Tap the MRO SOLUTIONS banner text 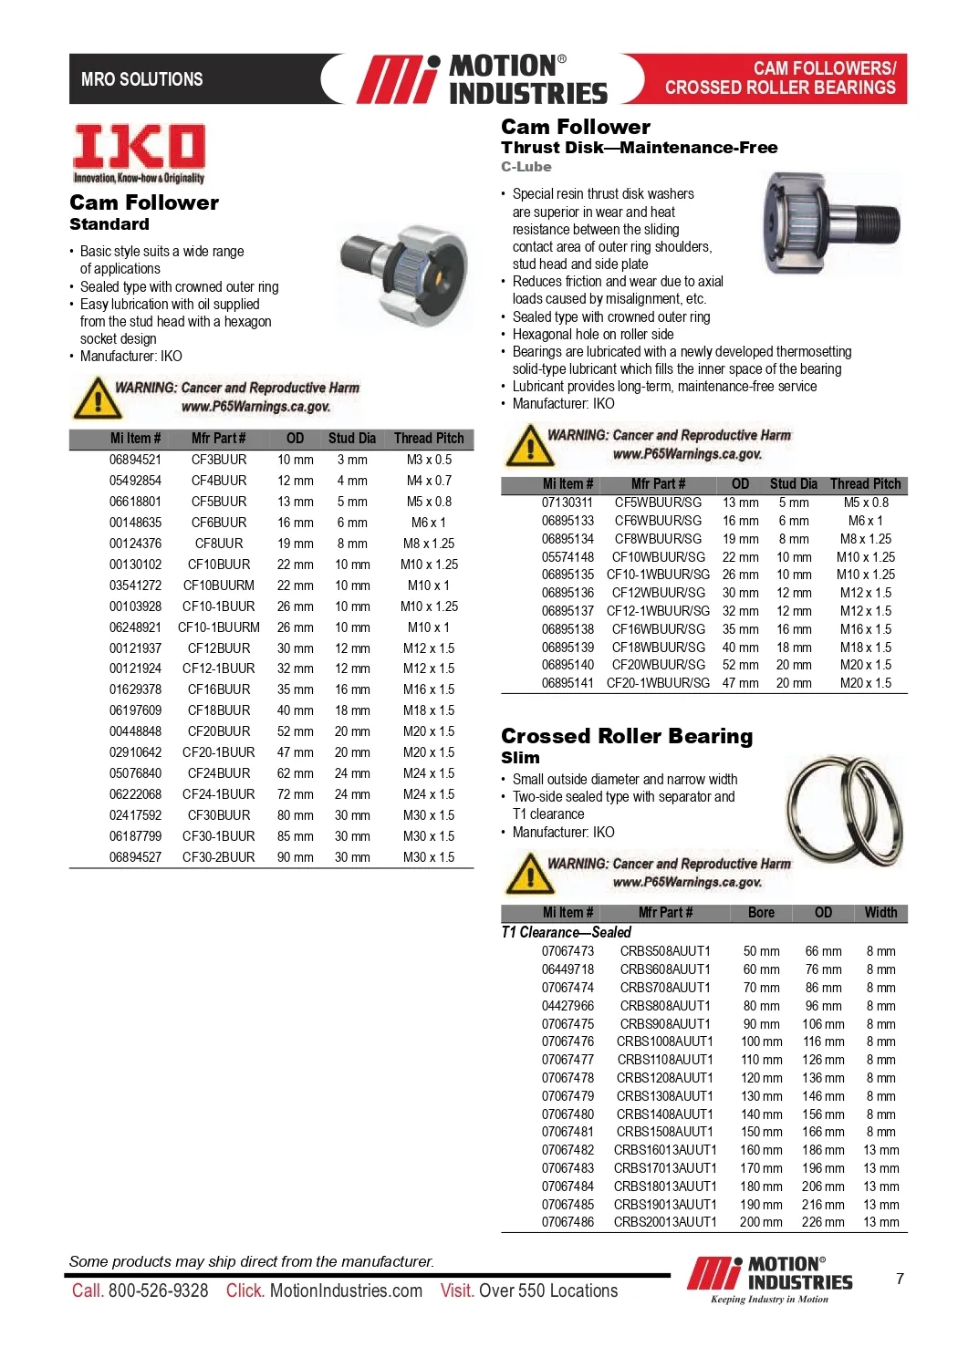tap(141, 79)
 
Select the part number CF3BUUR tap(219, 460)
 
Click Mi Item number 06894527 tap(135, 857)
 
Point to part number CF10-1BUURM tap(219, 627)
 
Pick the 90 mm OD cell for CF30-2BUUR tap(296, 857)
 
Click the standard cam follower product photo tap(406, 269)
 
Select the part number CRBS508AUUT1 tap(665, 951)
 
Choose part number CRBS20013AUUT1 tap(665, 1222)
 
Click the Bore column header tap(761, 913)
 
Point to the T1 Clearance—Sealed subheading tap(566, 932)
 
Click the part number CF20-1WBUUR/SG tap(658, 683)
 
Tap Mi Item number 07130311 tap(568, 503)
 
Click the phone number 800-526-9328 tap(158, 1290)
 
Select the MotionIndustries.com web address tap(346, 1290)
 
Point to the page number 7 tap(900, 1279)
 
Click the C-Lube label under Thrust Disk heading tap(526, 167)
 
